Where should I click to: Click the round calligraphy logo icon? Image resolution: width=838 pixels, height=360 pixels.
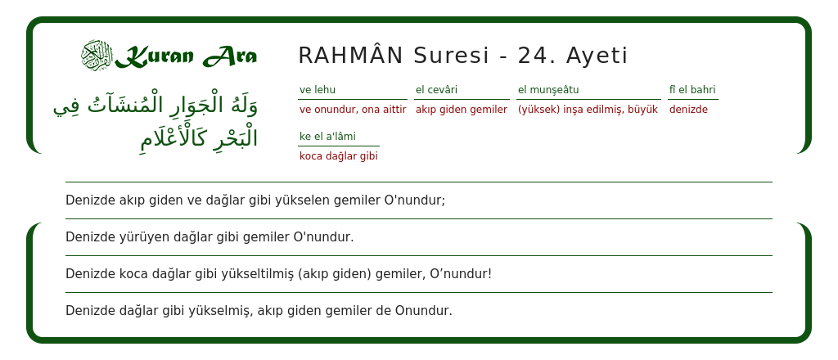97,56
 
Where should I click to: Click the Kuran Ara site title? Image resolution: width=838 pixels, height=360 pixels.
186,56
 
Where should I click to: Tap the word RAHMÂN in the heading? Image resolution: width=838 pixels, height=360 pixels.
350,56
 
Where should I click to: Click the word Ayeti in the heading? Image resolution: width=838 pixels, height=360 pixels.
597,56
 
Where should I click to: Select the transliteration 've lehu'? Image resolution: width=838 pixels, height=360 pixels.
318,90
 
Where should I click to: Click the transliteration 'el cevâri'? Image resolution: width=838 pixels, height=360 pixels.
436,90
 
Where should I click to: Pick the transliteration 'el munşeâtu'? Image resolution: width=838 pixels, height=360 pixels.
548,90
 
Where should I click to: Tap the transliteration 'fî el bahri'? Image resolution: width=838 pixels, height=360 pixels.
692,90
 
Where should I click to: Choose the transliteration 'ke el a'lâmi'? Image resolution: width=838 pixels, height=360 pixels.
327,137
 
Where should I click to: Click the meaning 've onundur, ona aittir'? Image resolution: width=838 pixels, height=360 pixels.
353,110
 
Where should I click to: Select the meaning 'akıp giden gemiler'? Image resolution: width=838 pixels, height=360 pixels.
462,110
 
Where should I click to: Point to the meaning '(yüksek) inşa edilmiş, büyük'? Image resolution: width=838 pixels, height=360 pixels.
588,110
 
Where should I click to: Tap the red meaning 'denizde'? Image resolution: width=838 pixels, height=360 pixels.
688,110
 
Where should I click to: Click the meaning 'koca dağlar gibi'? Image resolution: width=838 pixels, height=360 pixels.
339,156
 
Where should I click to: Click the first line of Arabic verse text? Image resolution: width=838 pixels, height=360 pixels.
155,106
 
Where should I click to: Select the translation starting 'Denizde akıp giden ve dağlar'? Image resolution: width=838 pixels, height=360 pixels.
255,200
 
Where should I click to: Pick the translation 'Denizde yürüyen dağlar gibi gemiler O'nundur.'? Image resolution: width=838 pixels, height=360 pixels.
209,237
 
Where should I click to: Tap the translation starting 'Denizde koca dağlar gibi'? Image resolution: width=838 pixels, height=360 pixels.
278,274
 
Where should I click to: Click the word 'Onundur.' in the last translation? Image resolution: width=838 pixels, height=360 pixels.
424,311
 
